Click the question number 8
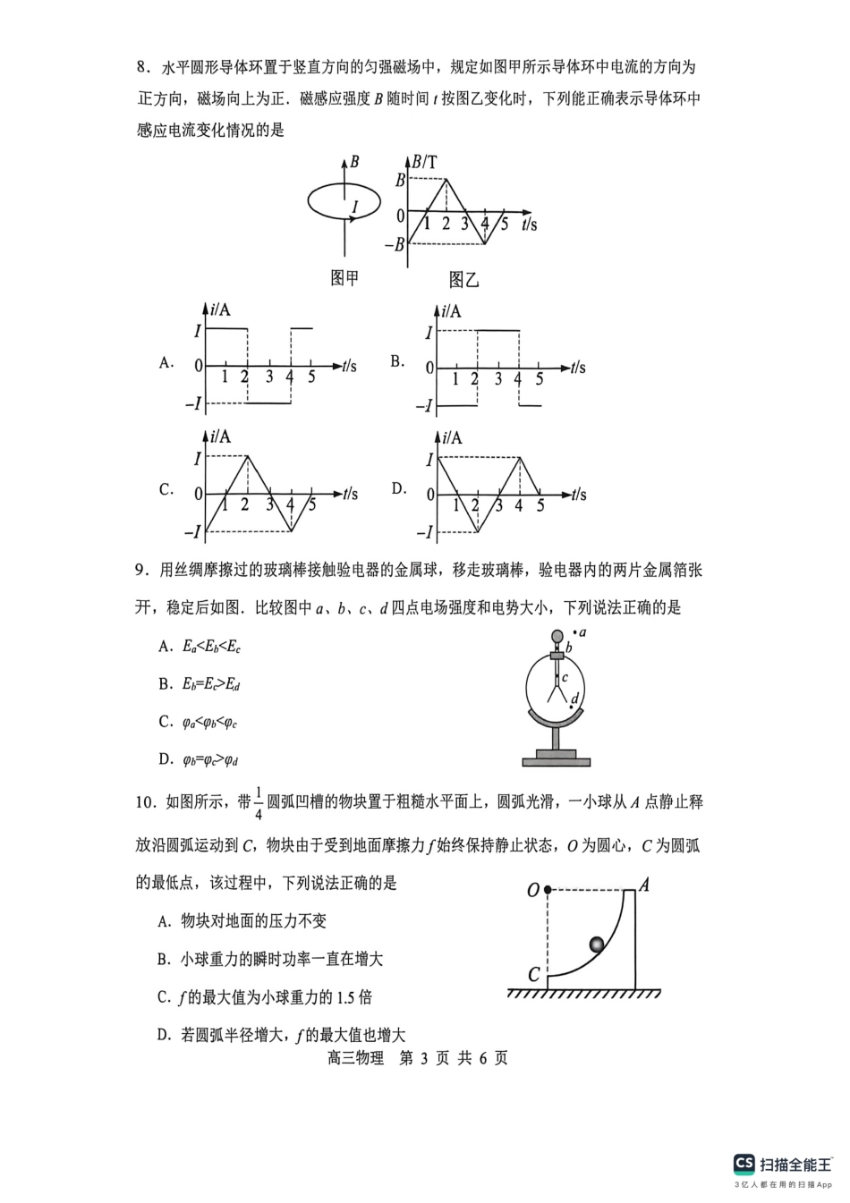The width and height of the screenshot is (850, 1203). (x=140, y=67)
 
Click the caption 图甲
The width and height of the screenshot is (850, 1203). (x=344, y=278)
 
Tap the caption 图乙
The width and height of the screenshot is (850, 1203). (x=463, y=280)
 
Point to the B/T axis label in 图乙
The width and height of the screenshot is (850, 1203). (x=426, y=162)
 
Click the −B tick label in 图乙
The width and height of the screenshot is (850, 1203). (x=394, y=244)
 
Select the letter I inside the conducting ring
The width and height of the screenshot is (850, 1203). (x=354, y=208)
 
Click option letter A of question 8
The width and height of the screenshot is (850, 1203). (x=166, y=362)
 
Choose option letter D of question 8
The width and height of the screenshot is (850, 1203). (x=398, y=489)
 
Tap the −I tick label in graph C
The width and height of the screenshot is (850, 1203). (x=192, y=532)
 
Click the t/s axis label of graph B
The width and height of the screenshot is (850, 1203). (x=578, y=368)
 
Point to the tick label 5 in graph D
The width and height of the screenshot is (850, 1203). (x=540, y=506)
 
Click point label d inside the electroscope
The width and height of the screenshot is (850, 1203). (x=574, y=698)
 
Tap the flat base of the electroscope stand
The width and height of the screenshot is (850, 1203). (x=557, y=761)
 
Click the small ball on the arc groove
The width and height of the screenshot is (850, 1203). (x=597, y=944)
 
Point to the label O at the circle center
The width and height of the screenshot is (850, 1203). (x=533, y=890)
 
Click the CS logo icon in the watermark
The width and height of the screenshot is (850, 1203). (x=744, y=1164)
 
